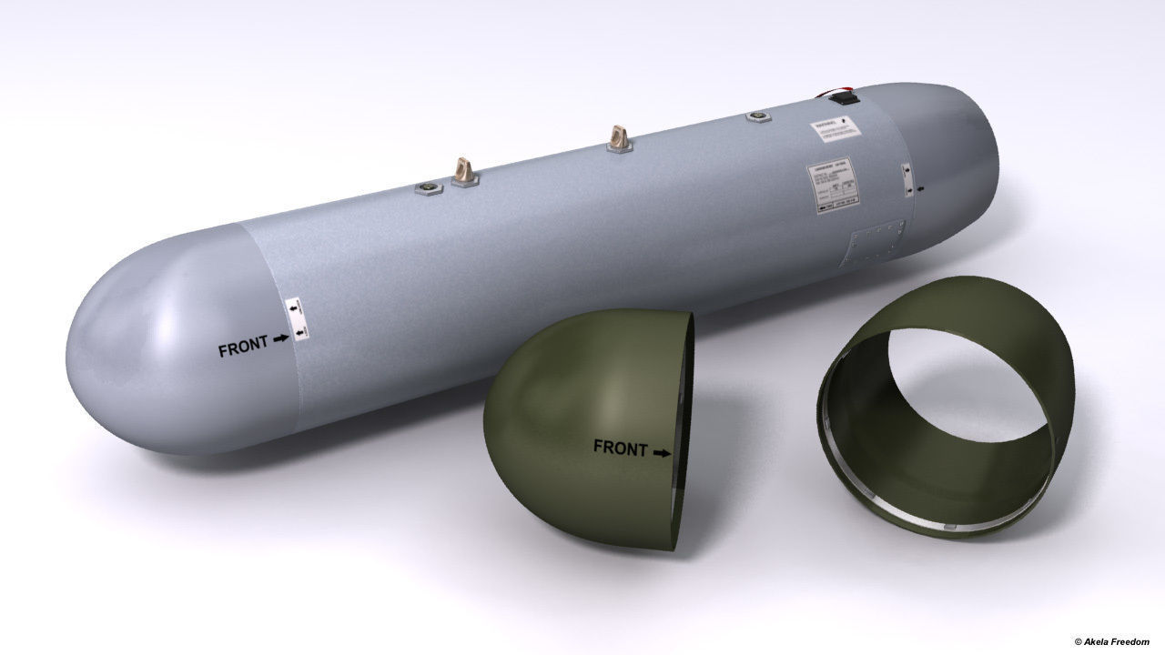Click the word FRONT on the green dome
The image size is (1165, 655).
point(620,447)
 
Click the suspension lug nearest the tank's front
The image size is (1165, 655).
point(464,169)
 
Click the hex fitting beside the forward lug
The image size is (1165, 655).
point(428,186)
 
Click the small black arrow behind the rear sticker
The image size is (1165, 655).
point(920,189)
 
